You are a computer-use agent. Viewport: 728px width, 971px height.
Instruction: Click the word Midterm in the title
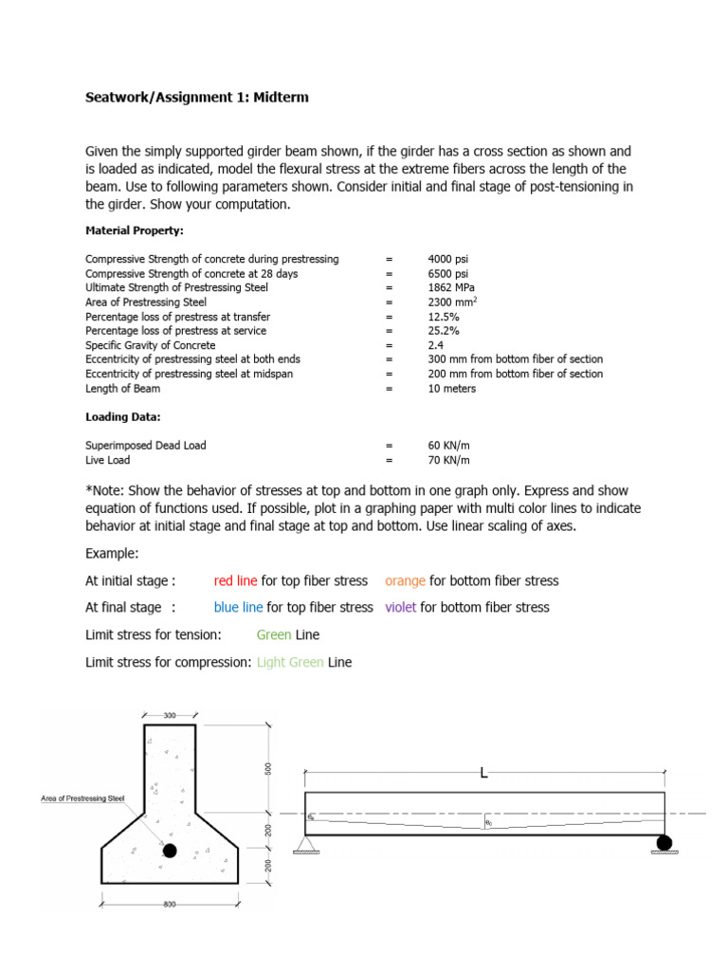coord(280,98)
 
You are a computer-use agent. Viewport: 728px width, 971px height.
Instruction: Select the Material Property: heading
coord(135,230)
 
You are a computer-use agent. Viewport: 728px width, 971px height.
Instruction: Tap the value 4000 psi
coord(447,259)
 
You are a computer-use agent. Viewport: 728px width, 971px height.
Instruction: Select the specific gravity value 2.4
coord(436,345)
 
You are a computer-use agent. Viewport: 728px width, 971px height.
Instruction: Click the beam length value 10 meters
coord(452,389)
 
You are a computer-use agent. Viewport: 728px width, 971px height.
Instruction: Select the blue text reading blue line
coord(238,607)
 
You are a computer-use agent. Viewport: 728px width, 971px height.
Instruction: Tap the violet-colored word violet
coord(401,607)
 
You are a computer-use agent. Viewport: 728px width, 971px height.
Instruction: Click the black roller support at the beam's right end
coord(664,841)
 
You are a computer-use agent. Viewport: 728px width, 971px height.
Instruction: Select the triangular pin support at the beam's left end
coord(306,843)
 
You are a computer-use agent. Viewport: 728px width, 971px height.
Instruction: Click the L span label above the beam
coord(484,774)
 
